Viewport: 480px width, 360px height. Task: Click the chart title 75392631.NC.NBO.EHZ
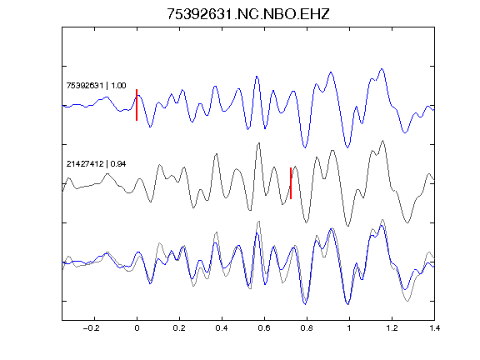pos(248,14)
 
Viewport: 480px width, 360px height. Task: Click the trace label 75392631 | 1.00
pos(96,85)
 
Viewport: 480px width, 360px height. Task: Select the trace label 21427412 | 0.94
pos(96,164)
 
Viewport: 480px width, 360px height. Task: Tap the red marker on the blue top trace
pos(137,105)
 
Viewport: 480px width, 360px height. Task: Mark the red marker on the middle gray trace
pos(291,183)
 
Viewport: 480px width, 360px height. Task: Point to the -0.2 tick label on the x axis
pos(91,328)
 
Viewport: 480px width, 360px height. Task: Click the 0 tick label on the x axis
pos(137,328)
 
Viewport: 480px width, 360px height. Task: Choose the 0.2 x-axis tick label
pos(179,328)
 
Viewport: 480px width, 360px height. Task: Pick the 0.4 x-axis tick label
pos(222,328)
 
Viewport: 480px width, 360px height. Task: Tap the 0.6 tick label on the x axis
pos(264,328)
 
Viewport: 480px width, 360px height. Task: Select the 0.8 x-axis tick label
pos(307,328)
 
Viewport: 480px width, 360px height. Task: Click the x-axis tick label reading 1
pos(349,328)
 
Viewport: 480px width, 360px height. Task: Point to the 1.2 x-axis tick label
pos(392,328)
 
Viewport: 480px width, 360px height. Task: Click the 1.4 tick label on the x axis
pos(434,328)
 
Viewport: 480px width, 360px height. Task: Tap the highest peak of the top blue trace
pos(382,68)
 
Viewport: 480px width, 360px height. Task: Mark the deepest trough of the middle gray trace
pos(347,226)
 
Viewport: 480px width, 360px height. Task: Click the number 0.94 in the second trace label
pos(118,164)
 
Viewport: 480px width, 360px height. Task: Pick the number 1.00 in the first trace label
pos(118,85)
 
